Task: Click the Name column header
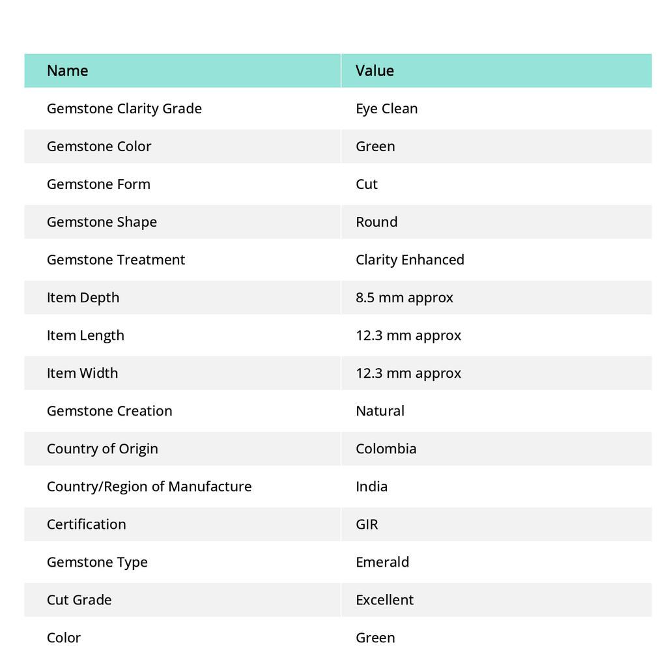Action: [x=67, y=70]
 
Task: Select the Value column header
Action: [x=375, y=70]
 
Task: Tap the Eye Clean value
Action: [x=386, y=108]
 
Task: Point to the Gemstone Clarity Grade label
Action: [x=124, y=108]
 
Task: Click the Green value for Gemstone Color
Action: [x=375, y=146]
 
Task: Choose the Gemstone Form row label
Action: [x=98, y=184]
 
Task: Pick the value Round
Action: [x=376, y=221]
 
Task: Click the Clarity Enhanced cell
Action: [x=410, y=259]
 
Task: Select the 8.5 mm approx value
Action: [x=404, y=297]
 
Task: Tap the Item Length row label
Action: [x=85, y=335]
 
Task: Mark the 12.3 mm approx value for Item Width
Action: [x=408, y=373]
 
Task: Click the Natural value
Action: [x=380, y=410]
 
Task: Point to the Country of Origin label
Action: [x=102, y=448]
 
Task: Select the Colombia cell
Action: [x=386, y=448]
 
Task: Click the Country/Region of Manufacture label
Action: [x=149, y=486]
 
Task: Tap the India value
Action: [x=371, y=486]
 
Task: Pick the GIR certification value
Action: [x=367, y=524]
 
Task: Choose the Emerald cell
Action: [x=382, y=561]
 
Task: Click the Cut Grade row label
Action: [x=79, y=599]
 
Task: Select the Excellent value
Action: [x=384, y=599]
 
